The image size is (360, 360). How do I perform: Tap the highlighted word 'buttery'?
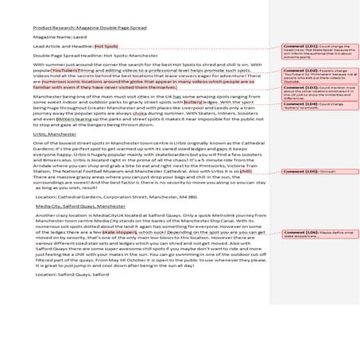pos(193,102)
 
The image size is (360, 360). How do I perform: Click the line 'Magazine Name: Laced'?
pos(56,37)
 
